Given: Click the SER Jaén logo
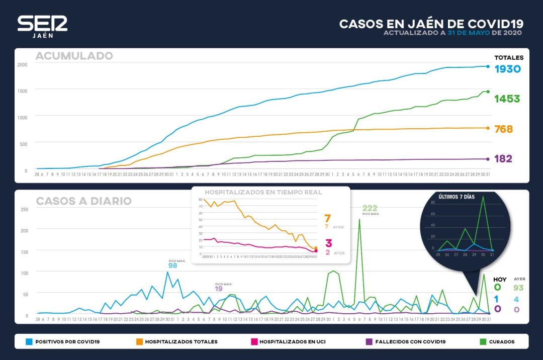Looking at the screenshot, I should (x=42, y=26).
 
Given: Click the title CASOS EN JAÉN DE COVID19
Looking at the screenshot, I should (x=431, y=24).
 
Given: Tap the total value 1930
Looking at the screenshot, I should (x=507, y=69).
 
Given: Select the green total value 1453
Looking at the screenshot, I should (x=507, y=99).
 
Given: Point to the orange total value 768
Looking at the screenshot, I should (x=503, y=129).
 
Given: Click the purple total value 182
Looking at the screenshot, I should (x=503, y=159).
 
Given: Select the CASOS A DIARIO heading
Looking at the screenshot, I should (x=83, y=201).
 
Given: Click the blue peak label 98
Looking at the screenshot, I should (x=172, y=265).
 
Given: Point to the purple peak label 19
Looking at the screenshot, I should (x=219, y=289).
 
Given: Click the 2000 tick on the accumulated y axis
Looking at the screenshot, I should (x=23, y=64).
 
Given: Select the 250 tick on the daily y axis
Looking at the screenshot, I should (x=24, y=209).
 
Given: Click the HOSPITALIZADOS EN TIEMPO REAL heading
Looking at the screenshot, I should (x=263, y=192).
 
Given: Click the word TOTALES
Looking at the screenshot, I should (x=508, y=57).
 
